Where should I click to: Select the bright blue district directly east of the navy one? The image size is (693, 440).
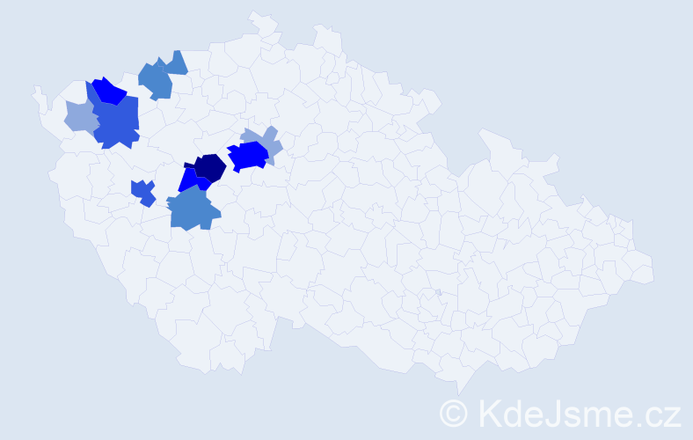click(248, 156)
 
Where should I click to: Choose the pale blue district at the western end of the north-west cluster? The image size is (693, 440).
click(80, 116)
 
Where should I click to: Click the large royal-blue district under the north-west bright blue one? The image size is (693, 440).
click(117, 121)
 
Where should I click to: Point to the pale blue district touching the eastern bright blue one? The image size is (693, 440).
click(269, 143)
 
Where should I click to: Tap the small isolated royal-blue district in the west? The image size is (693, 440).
click(143, 192)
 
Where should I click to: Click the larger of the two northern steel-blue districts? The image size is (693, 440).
click(155, 80)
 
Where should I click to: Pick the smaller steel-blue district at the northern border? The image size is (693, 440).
click(176, 62)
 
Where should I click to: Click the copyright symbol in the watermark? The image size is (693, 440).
click(454, 412)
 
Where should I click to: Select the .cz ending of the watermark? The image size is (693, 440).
click(659, 413)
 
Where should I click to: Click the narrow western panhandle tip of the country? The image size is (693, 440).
click(37, 91)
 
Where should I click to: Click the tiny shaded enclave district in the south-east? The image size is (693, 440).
click(438, 292)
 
